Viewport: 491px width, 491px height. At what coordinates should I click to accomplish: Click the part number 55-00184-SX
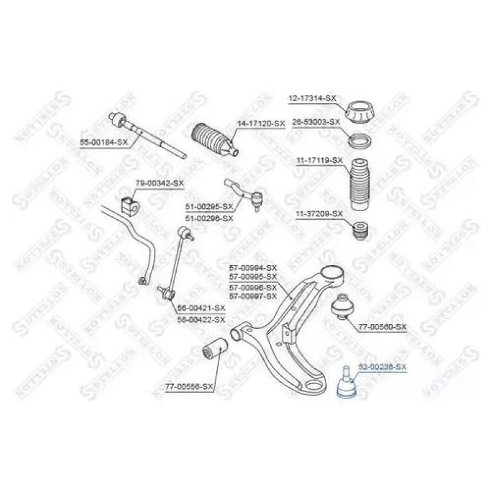pyautogui.click(x=104, y=142)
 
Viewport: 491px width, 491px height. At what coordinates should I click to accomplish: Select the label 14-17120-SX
pyautogui.click(x=261, y=124)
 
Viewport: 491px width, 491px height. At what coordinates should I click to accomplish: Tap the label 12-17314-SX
pyautogui.click(x=312, y=98)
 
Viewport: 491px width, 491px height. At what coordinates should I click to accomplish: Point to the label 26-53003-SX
pyautogui.click(x=315, y=122)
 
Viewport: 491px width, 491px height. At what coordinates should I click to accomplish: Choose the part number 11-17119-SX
pyautogui.click(x=319, y=160)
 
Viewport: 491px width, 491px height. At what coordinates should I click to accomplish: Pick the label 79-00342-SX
pyautogui.click(x=159, y=184)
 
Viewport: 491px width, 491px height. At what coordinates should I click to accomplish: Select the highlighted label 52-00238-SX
pyautogui.click(x=382, y=368)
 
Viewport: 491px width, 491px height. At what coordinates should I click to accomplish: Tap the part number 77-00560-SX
pyautogui.click(x=382, y=326)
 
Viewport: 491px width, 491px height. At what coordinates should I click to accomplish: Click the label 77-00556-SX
pyautogui.click(x=188, y=387)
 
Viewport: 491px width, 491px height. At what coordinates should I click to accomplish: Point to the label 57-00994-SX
pyautogui.click(x=253, y=268)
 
